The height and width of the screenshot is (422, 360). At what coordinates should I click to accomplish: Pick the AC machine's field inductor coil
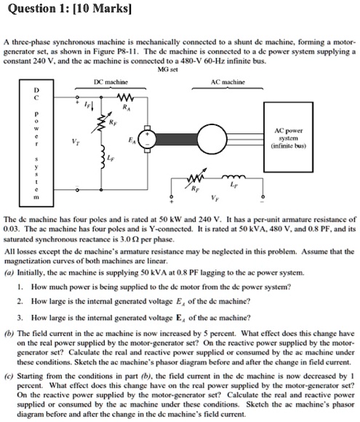click(x=236, y=176)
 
